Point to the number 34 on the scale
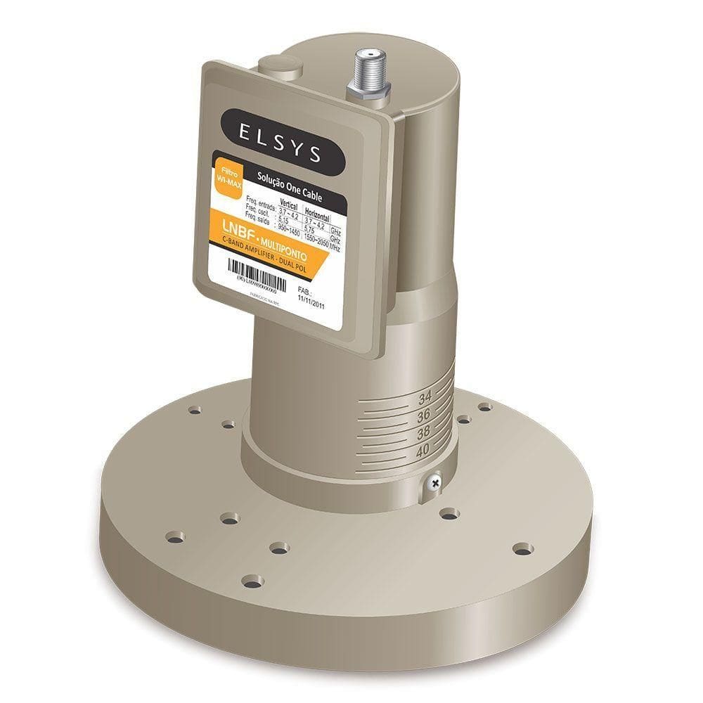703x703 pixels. click(x=425, y=399)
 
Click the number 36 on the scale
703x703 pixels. click(x=423, y=416)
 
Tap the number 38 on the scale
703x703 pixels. click(x=423, y=434)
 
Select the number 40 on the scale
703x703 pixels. click(x=422, y=451)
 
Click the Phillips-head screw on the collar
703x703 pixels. click(x=435, y=482)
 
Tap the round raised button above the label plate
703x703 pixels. click(x=280, y=65)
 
